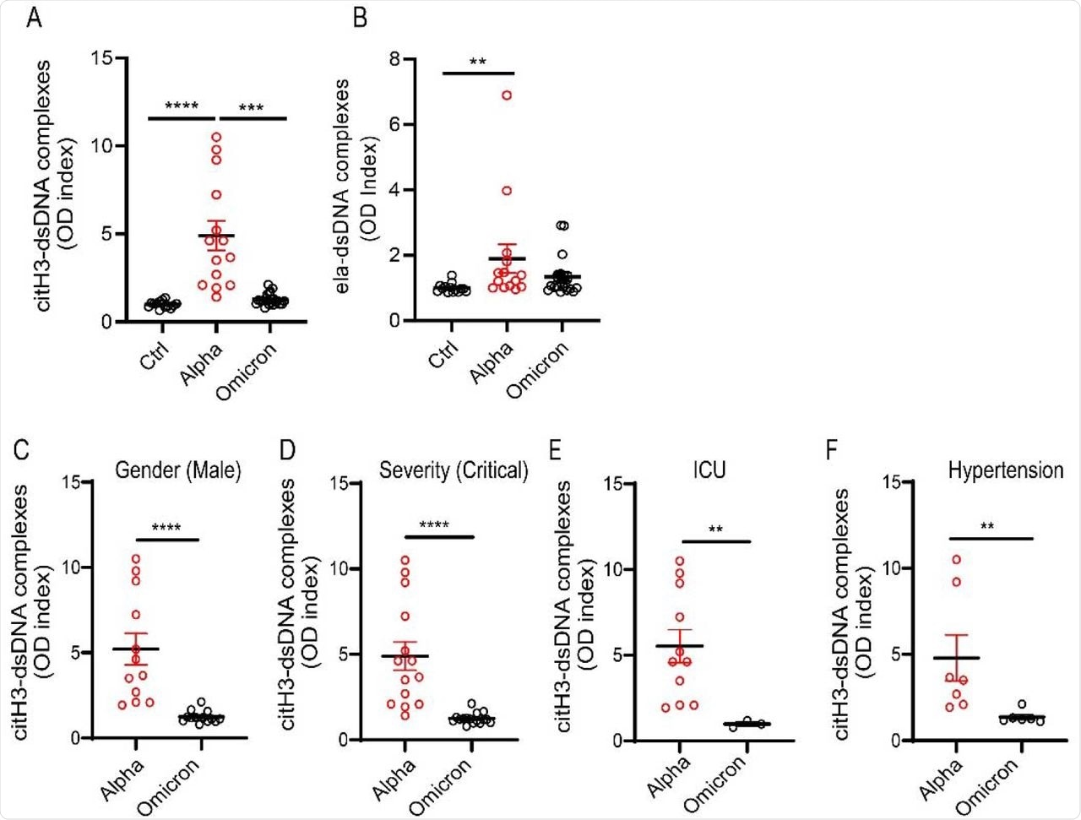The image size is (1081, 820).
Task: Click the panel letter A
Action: (x=34, y=17)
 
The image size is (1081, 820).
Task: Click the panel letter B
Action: (x=360, y=17)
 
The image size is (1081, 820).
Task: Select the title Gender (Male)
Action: (x=178, y=470)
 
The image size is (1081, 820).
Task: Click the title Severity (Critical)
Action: (x=454, y=470)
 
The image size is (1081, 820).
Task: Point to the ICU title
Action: (x=708, y=470)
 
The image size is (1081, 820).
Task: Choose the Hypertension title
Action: (x=1005, y=470)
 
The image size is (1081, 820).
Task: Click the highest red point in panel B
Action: (x=507, y=95)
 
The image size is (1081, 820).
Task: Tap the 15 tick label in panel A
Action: (x=102, y=58)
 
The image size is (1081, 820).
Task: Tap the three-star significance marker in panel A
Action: (x=251, y=108)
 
